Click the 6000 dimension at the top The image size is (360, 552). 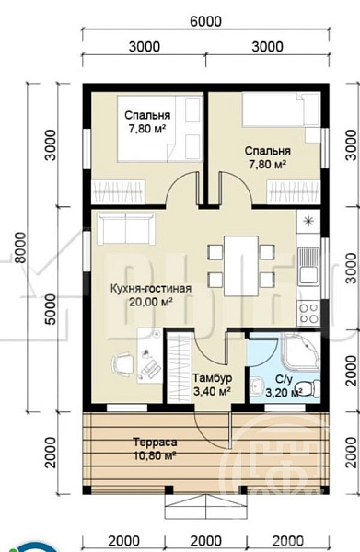pyautogui.click(x=205, y=21)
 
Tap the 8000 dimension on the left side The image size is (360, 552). pyautogui.click(x=21, y=247)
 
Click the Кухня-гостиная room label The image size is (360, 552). pyautogui.click(x=151, y=289)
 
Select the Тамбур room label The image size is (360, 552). pyautogui.click(x=212, y=378)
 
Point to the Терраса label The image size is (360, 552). pyautogui.click(x=155, y=443)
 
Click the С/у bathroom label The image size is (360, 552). pyautogui.click(x=284, y=379)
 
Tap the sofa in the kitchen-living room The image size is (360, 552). pyautogui.click(x=126, y=228)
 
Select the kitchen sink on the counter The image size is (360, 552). pyautogui.click(x=308, y=266)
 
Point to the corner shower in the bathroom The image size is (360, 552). pyautogui.click(x=301, y=352)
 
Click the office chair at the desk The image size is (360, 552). pyautogui.click(x=122, y=363)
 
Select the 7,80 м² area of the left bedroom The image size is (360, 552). pyautogui.click(x=147, y=129)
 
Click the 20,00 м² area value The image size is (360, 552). pyautogui.click(x=150, y=302)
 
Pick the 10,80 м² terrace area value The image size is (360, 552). pyautogui.click(x=155, y=456)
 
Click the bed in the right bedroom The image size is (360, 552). pyautogui.click(x=281, y=109)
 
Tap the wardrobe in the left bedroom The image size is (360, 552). pyautogui.click(x=119, y=192)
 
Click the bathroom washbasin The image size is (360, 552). pyautogui.click(x=258, y=385)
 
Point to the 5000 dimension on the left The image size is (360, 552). pyautogui.click(x=51, y=309)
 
